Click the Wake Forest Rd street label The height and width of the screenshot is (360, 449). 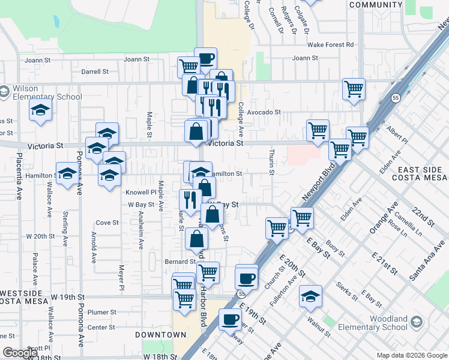pos(330,44)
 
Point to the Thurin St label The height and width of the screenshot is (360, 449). pos(271,163)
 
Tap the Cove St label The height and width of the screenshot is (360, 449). pos(107,223)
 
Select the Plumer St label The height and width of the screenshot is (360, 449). pos(101,312)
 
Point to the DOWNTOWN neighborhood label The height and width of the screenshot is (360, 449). pos(160,334)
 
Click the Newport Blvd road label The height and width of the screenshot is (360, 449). pos(316,187)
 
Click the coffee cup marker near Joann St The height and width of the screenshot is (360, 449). pos(206,58)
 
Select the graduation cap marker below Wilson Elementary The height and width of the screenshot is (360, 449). pos(40,110)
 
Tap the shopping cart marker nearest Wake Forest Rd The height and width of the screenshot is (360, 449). pos(354,89)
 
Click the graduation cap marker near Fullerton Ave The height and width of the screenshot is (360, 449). pos(310,296)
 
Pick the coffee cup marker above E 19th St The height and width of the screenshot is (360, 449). pos(247,278)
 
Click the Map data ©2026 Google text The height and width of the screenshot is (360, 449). pos(411,355)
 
